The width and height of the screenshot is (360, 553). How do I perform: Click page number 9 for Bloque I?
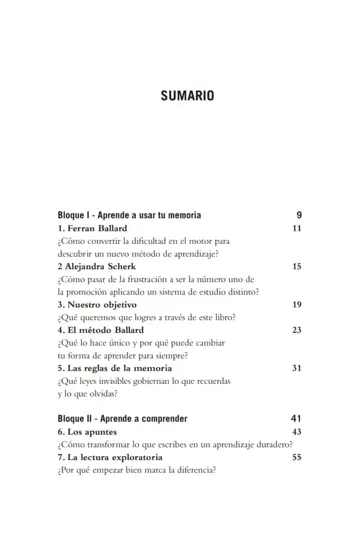click(298, 215)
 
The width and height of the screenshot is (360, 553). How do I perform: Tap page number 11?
click(296, 228)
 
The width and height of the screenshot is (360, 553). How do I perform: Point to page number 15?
click(296, 267)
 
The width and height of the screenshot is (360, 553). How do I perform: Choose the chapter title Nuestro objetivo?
click(105, 304)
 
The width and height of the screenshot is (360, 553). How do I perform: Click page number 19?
click(296, 304)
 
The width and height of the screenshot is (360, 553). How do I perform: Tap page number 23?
click(296, 329)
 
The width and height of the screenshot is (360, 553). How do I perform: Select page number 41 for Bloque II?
click(296, 417)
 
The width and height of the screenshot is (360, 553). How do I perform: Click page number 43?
click(296, 431)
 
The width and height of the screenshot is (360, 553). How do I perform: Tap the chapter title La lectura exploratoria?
click(122, 456)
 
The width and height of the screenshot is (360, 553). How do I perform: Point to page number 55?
click(296, 456)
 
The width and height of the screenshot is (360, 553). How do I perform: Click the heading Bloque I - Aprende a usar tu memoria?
click(129, 215)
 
